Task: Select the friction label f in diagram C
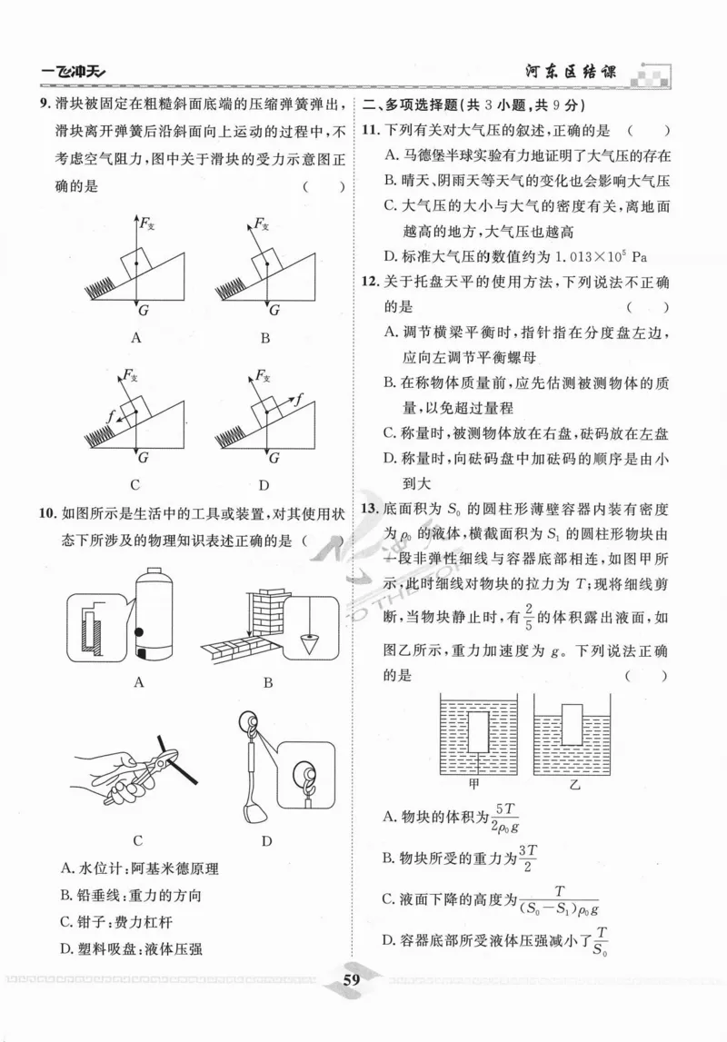pyautogui.click(x=111, y=415)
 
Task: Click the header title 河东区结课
pyautogui.click(x=570, y=72)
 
